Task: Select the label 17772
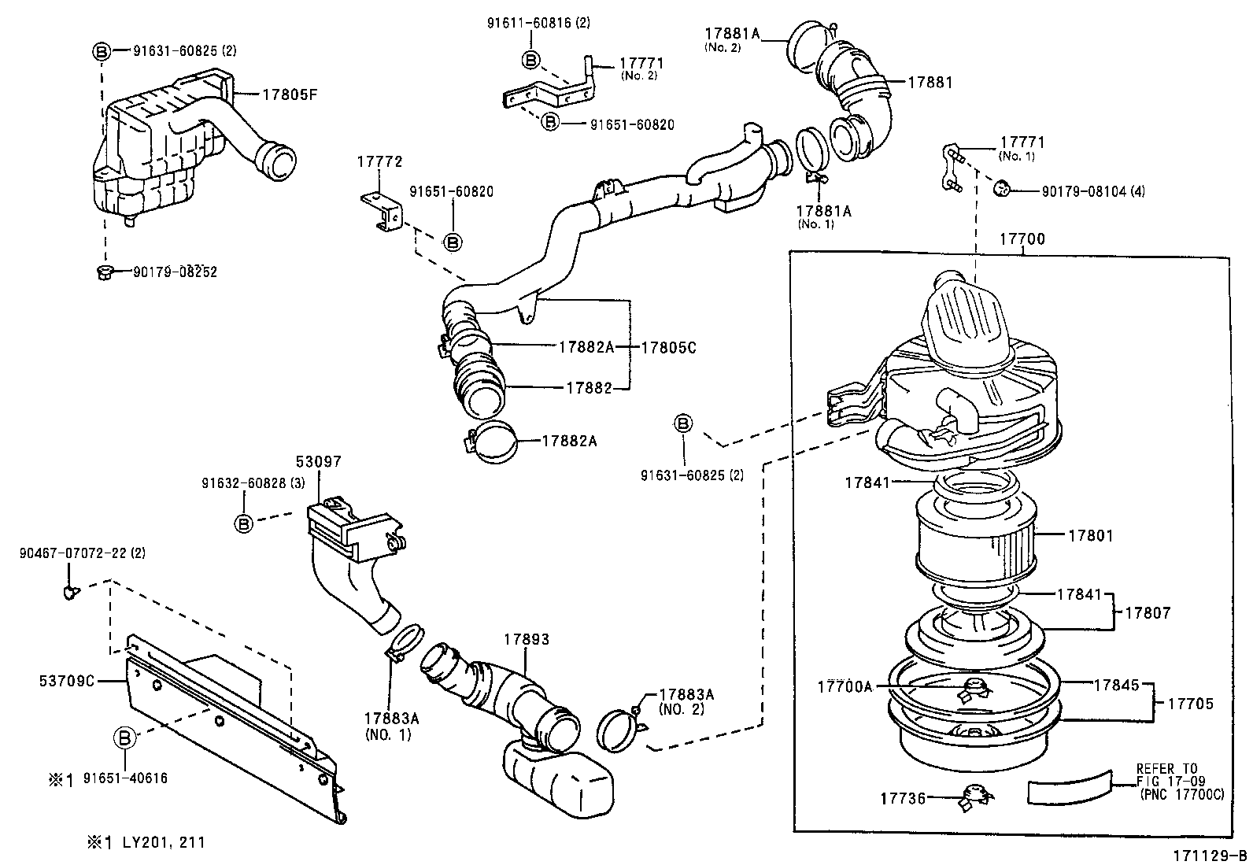tap(379, 162)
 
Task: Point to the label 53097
tap(318, 461)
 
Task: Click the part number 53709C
tap(66, 680)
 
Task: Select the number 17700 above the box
tap(1022, 239)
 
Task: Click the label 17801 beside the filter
tap(1090, 536)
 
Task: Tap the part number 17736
tap(902, 799)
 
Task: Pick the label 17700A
tap(845, 687)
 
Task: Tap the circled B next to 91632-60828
tap(244, 523)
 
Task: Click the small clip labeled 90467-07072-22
tap(71, 592)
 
